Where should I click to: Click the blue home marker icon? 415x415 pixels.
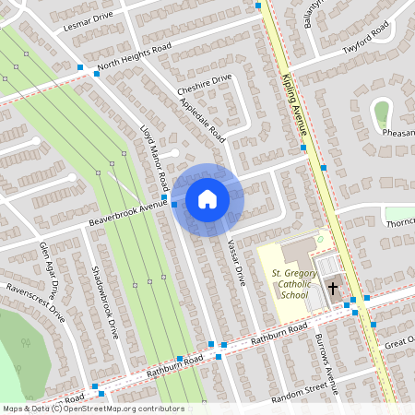pyautogui.click(x=207, y=199)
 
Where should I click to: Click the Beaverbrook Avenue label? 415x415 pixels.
pyautogui.click(x=126, y=213)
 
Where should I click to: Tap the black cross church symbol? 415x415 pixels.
pyautogui.click(x=334, y=288)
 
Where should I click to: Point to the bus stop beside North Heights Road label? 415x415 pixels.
pyautogui.click(x=96, y=74)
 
